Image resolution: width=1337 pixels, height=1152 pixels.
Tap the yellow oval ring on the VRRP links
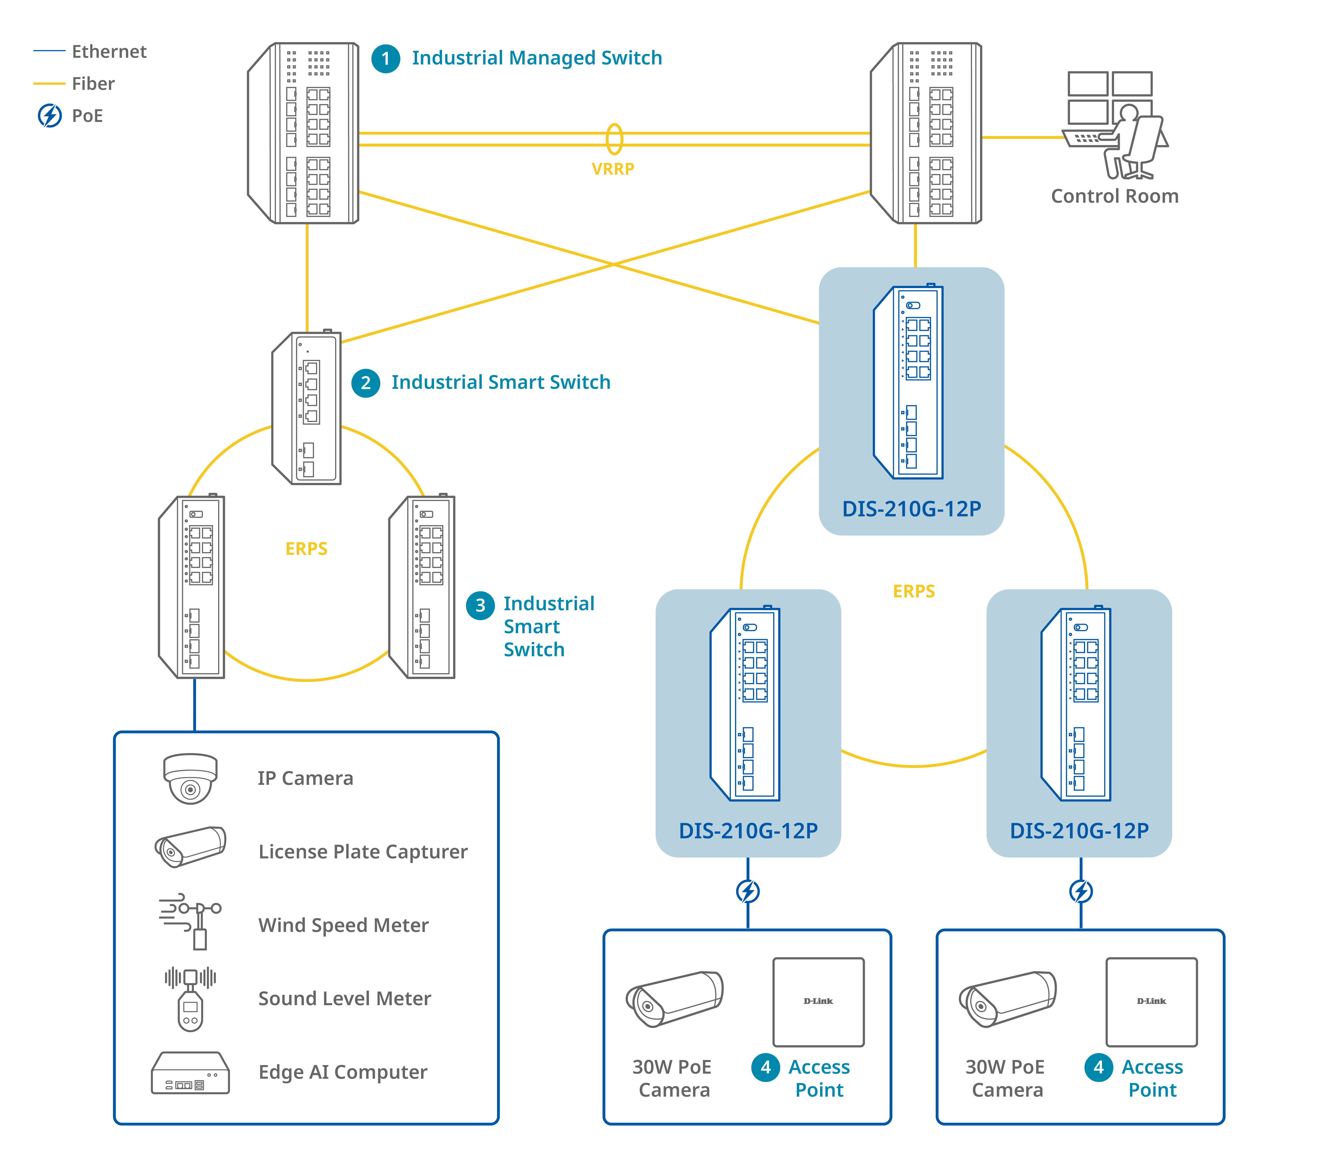pos(614,139)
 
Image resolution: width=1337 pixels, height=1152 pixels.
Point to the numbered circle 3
pos(480,605)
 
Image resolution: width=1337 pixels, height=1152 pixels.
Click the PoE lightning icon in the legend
pos(50,116)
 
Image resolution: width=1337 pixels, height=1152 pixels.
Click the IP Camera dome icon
pos(190,778)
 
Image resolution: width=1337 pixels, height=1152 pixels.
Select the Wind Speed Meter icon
pos(191,921)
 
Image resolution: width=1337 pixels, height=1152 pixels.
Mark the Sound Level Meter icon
pos(190,999)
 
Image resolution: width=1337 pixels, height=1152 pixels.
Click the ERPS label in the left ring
pos(306,548)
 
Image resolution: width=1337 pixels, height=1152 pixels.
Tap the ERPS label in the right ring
pos(914,591)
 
